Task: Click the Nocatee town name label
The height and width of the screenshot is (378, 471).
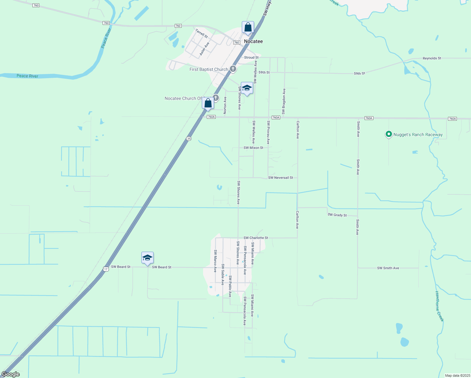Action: point(253,41)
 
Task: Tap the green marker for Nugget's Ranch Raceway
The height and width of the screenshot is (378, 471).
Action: point(389,135)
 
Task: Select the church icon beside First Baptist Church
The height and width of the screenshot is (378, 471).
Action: point(233,69)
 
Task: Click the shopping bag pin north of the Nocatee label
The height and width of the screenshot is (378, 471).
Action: point(248,27)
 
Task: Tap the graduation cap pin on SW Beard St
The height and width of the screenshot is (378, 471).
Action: point(147,258)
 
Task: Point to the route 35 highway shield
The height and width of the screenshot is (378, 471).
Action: point(189,139)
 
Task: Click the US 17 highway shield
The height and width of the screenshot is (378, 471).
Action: point(106,269)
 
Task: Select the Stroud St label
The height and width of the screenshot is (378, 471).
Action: point(251,58)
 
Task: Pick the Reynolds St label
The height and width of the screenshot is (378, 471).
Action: point(432,58)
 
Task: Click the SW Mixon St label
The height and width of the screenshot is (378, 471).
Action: point(253,148)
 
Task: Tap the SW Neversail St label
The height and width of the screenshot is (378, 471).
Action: point(280,178)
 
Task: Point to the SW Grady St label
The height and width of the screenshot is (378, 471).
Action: point(337,215)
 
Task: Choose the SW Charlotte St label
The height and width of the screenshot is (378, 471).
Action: point(256,238)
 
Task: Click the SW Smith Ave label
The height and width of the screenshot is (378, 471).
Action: point(388,268)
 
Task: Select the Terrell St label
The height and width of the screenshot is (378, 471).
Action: point(201,33)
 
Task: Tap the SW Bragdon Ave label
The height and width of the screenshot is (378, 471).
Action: point(284,101)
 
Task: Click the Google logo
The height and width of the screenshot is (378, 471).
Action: point(11,374)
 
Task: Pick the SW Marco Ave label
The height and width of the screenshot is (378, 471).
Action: point(215,261)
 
